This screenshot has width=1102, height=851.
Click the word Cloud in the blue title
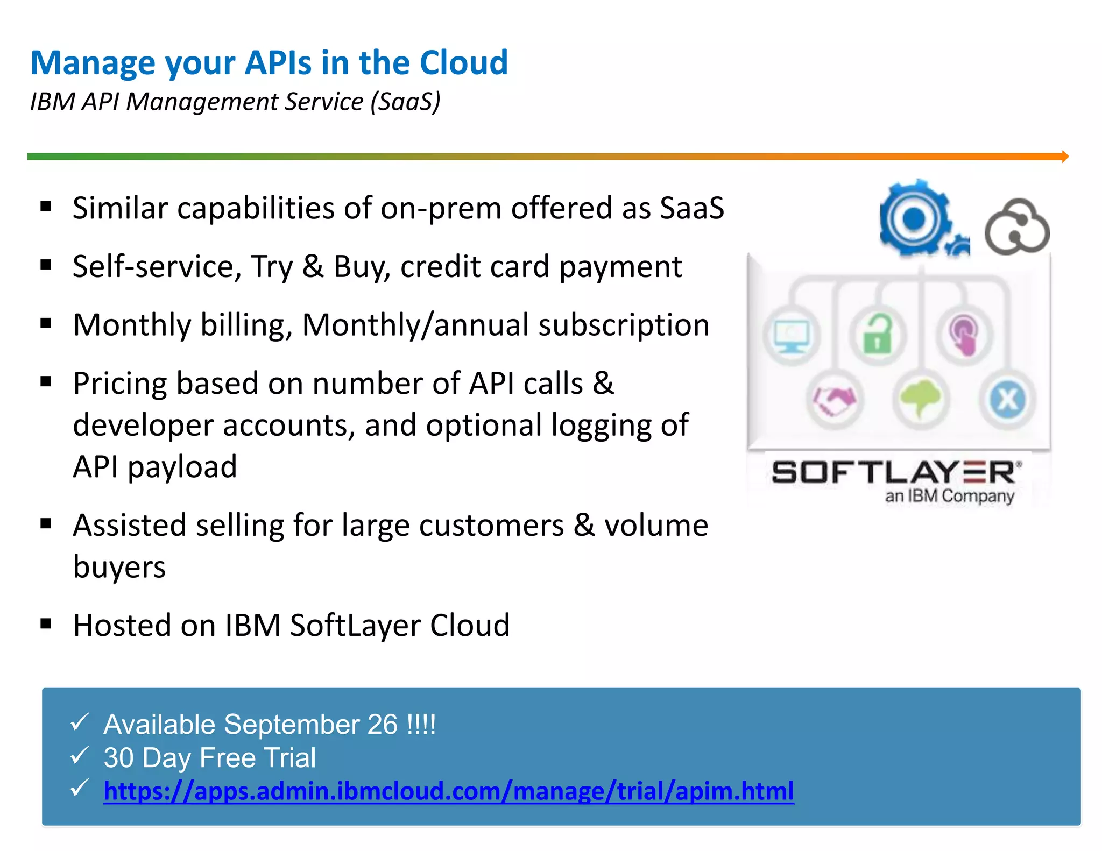pos(463,62)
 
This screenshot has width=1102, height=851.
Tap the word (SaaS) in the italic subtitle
pos(405,102)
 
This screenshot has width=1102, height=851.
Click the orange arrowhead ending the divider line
pos(1065,157)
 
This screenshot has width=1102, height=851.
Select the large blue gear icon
pos(914,218)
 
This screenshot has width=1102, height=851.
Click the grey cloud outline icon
pos(1017,228)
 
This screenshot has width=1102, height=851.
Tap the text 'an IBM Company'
pos(949,495)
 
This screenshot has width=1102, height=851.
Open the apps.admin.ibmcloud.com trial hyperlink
pos(448,791)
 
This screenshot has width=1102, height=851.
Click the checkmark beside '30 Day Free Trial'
pos(80,756)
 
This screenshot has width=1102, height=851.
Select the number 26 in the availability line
pos(382,724)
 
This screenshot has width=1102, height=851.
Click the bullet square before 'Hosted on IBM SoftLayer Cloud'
pos(46,624)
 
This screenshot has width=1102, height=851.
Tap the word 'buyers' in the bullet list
pos(119,567)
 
